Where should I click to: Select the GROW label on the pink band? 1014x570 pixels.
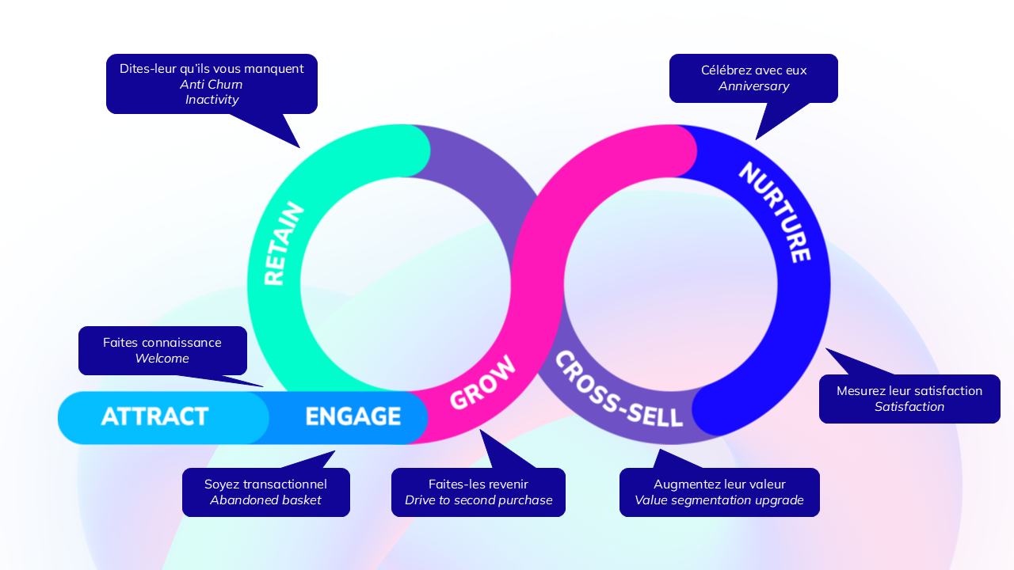coord(482,383)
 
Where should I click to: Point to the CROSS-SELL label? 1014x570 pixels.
coord(618,389)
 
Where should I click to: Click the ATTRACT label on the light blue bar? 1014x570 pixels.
coord(155,416)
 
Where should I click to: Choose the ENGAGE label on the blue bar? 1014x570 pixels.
coord(353,416)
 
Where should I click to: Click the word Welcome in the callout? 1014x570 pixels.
coord(162,359)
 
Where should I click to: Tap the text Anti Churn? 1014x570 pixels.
coord(212,85)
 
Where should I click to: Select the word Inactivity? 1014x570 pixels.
coord(212,100)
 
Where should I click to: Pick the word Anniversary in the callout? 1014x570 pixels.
coord(753,85)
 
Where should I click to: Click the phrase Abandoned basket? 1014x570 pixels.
coord(265,500)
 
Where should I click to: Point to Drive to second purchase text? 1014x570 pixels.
coord(478,500)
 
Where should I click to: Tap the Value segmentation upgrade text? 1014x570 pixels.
coord(719,500)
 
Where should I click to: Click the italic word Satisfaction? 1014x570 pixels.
coord(909,407)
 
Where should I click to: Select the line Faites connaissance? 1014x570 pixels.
coord(162,343)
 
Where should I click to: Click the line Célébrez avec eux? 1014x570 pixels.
coord(753,70)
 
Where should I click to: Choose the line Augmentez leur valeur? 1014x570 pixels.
coord(719,484)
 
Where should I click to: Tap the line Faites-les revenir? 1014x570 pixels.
coord(478,484)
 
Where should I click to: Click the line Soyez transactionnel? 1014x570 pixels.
coord(265,484)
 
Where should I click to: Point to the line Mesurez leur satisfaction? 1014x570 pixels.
coord(909,391)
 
